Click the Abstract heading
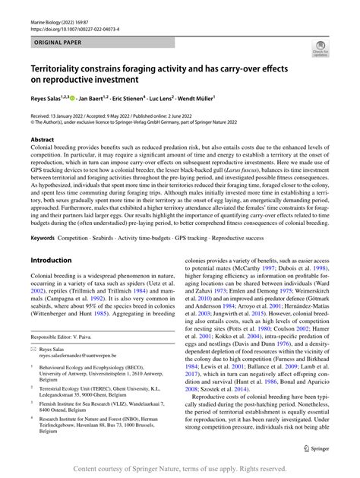coord(43,141)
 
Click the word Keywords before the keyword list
coord(46,238)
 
